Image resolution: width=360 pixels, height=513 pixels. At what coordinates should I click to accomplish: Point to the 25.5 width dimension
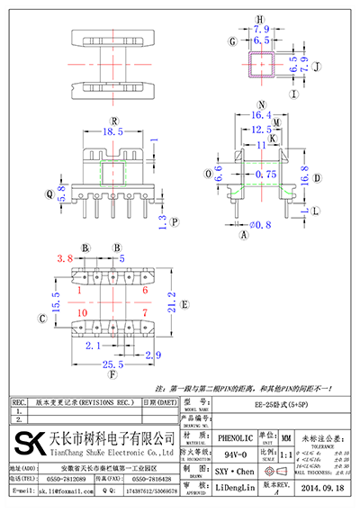[x=112, y=364]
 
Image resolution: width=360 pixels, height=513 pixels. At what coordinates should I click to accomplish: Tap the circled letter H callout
[x=261, y=18]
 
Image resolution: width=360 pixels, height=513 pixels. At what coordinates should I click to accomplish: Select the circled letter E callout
[x=184, y=304]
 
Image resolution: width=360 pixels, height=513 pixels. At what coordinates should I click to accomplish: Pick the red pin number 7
[x=144, y=311]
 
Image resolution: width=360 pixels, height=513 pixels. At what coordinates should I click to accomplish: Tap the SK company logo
[x=31, y=445]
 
